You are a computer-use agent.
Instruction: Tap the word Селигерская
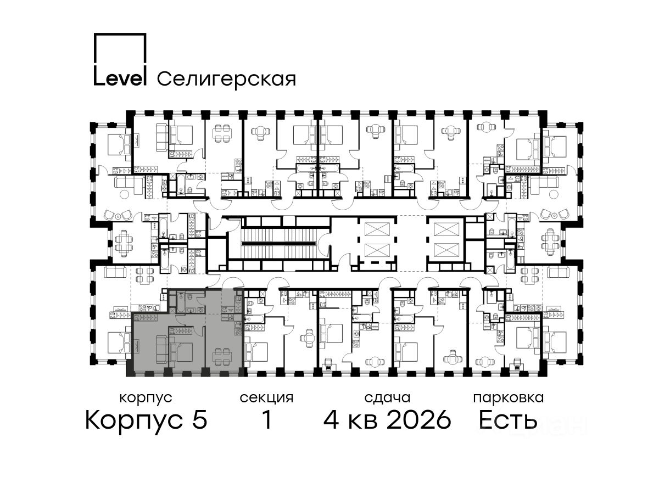(227, 80)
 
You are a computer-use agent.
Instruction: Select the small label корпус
(146, 398)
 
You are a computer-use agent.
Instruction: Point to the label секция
(266, 398)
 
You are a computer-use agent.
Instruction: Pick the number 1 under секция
(267, 419)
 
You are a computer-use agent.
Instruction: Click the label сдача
(387, 398)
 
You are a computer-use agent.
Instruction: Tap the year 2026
(419, 419)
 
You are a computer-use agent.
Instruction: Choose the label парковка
(509, 398)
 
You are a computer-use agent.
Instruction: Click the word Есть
(507, 419)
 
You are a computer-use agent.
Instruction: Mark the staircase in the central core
(280, 244)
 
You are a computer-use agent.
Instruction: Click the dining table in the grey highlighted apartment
(222, 355)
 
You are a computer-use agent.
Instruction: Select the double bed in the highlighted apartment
(181, 351)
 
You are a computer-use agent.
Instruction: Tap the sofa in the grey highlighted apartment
(163, 349)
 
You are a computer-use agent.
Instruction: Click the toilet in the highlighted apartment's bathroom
(191, 297)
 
